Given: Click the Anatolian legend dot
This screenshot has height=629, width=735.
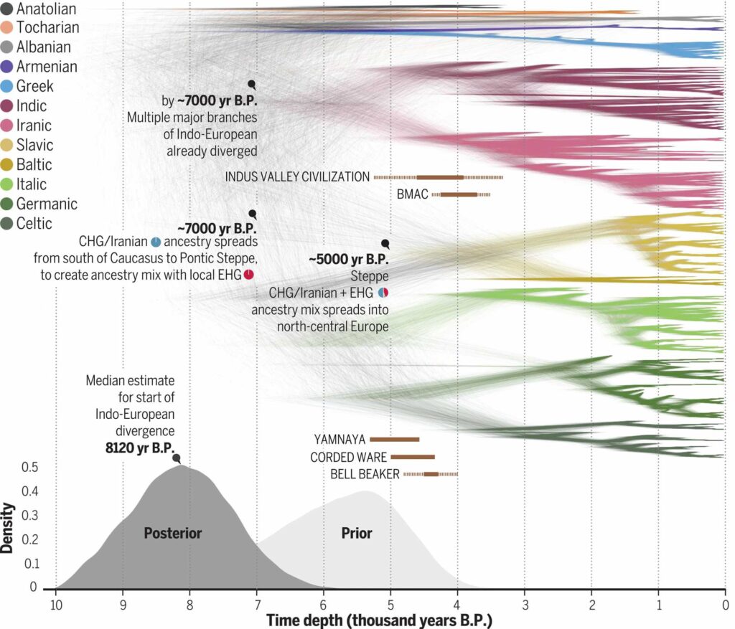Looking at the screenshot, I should tap(6, 9).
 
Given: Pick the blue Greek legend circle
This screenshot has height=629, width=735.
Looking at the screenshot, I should tap(6, 87).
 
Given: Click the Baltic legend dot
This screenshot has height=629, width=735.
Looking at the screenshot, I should tap(6, 165).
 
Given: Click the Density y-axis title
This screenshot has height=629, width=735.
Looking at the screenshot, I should tap(8, 528).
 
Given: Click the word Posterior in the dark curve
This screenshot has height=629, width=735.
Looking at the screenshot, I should tap(173, 533).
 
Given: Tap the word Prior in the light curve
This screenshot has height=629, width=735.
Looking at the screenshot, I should tap(357, 533).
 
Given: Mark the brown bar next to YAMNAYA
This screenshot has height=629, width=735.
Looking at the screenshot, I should tap(394, 439).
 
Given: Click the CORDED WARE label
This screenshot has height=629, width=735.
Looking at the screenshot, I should tap(348, 457).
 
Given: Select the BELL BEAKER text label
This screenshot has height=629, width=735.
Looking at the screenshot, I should tap(365, 474).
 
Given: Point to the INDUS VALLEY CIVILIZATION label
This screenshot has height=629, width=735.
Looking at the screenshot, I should tap(298, 176).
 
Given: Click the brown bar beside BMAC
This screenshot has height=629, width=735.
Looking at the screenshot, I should tap(459, 194).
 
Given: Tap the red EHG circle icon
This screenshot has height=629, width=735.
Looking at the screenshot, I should tap(248, 275).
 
